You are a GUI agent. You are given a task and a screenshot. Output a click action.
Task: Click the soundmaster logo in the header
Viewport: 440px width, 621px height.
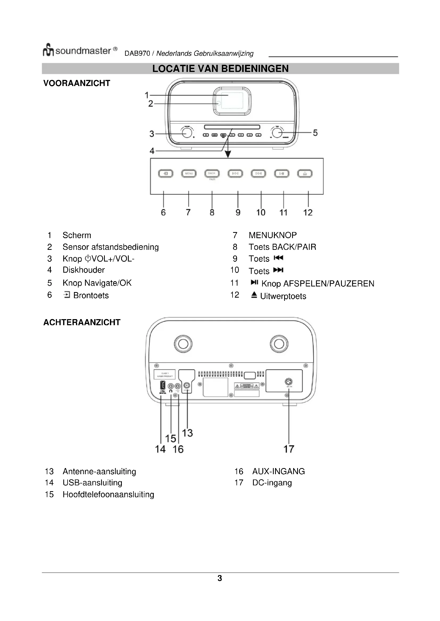[80, 50]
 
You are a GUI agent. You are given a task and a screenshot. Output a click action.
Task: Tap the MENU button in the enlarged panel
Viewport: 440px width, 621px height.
[189, 173]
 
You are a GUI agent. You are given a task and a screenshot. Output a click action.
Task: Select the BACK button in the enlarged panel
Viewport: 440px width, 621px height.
[212, 173]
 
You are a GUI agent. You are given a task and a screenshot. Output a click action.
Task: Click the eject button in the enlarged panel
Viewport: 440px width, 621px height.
[305, 173]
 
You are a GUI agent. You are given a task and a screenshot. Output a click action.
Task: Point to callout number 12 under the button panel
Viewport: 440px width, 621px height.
[308, 212]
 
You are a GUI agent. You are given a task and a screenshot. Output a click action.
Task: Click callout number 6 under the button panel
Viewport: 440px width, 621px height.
[163, 212]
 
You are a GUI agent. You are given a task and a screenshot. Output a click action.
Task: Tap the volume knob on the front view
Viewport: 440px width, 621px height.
[187, 133]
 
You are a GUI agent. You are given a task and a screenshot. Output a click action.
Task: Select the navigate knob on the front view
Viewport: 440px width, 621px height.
[277, 133]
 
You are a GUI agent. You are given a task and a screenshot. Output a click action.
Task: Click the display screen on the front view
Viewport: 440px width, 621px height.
[232, 101]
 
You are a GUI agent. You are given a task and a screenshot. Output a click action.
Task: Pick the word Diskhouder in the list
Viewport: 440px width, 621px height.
[84, 270]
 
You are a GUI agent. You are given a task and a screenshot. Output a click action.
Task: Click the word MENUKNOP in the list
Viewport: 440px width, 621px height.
[273, 235]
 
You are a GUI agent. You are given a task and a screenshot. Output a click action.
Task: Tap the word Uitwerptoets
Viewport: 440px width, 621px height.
[283, 296]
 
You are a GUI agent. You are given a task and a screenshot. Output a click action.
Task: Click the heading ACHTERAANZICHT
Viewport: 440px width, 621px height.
[82, 322]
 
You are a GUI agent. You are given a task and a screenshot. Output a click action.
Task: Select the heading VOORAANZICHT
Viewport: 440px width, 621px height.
[77, 83]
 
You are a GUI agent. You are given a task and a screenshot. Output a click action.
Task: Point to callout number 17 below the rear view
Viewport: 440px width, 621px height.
[289, 449]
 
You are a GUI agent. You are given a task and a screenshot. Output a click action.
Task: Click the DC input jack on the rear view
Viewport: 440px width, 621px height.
[289, 382]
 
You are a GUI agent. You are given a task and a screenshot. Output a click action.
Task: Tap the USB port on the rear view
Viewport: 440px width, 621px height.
[163, 385]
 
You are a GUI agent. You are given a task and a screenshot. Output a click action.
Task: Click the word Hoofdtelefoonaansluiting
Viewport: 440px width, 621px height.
[108, 494]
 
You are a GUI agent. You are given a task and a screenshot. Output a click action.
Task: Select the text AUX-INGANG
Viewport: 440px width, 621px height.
[279, 472]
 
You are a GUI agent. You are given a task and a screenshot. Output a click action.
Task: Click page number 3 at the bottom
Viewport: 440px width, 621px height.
[220, 578]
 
